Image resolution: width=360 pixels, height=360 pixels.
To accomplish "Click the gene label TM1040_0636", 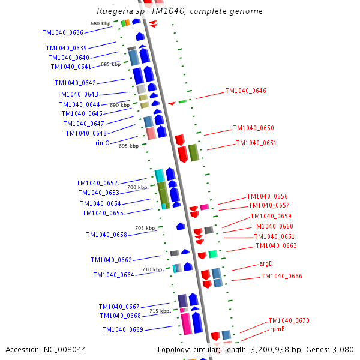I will [x=63, y=32].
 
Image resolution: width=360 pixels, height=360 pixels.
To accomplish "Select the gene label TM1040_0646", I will [x=245, y=91].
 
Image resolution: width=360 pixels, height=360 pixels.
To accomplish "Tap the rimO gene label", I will [x=103, y=143].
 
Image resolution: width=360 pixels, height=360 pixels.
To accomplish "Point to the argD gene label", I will [x=266, y=263].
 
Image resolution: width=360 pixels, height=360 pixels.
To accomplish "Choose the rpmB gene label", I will [x=277, y=329].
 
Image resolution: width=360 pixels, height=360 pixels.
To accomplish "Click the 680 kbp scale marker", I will [x=100, y=24].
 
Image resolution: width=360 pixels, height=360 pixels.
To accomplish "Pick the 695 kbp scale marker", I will [x=128, y=146].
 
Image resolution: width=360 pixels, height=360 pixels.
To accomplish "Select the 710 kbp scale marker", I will [x=152, y=270].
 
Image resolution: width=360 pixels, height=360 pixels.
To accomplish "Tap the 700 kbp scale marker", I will [x=137, y=187].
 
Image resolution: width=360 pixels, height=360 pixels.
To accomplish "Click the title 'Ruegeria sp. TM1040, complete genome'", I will [x=179, y=11].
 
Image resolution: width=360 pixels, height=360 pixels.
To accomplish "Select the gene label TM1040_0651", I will [x=256, y=143].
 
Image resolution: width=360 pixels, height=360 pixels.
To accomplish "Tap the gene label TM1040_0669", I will [x=122, y=329].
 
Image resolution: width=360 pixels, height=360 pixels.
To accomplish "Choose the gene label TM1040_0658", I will [x=106, y=235].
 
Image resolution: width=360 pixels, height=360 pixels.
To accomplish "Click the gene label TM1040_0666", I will [x=281, y=277].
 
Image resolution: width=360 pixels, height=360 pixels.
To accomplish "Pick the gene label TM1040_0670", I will [x=289, y=320].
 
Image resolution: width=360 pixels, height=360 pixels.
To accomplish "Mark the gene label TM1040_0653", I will [x=98, y=193].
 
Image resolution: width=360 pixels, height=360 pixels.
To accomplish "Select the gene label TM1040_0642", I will [x=75, y=83].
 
